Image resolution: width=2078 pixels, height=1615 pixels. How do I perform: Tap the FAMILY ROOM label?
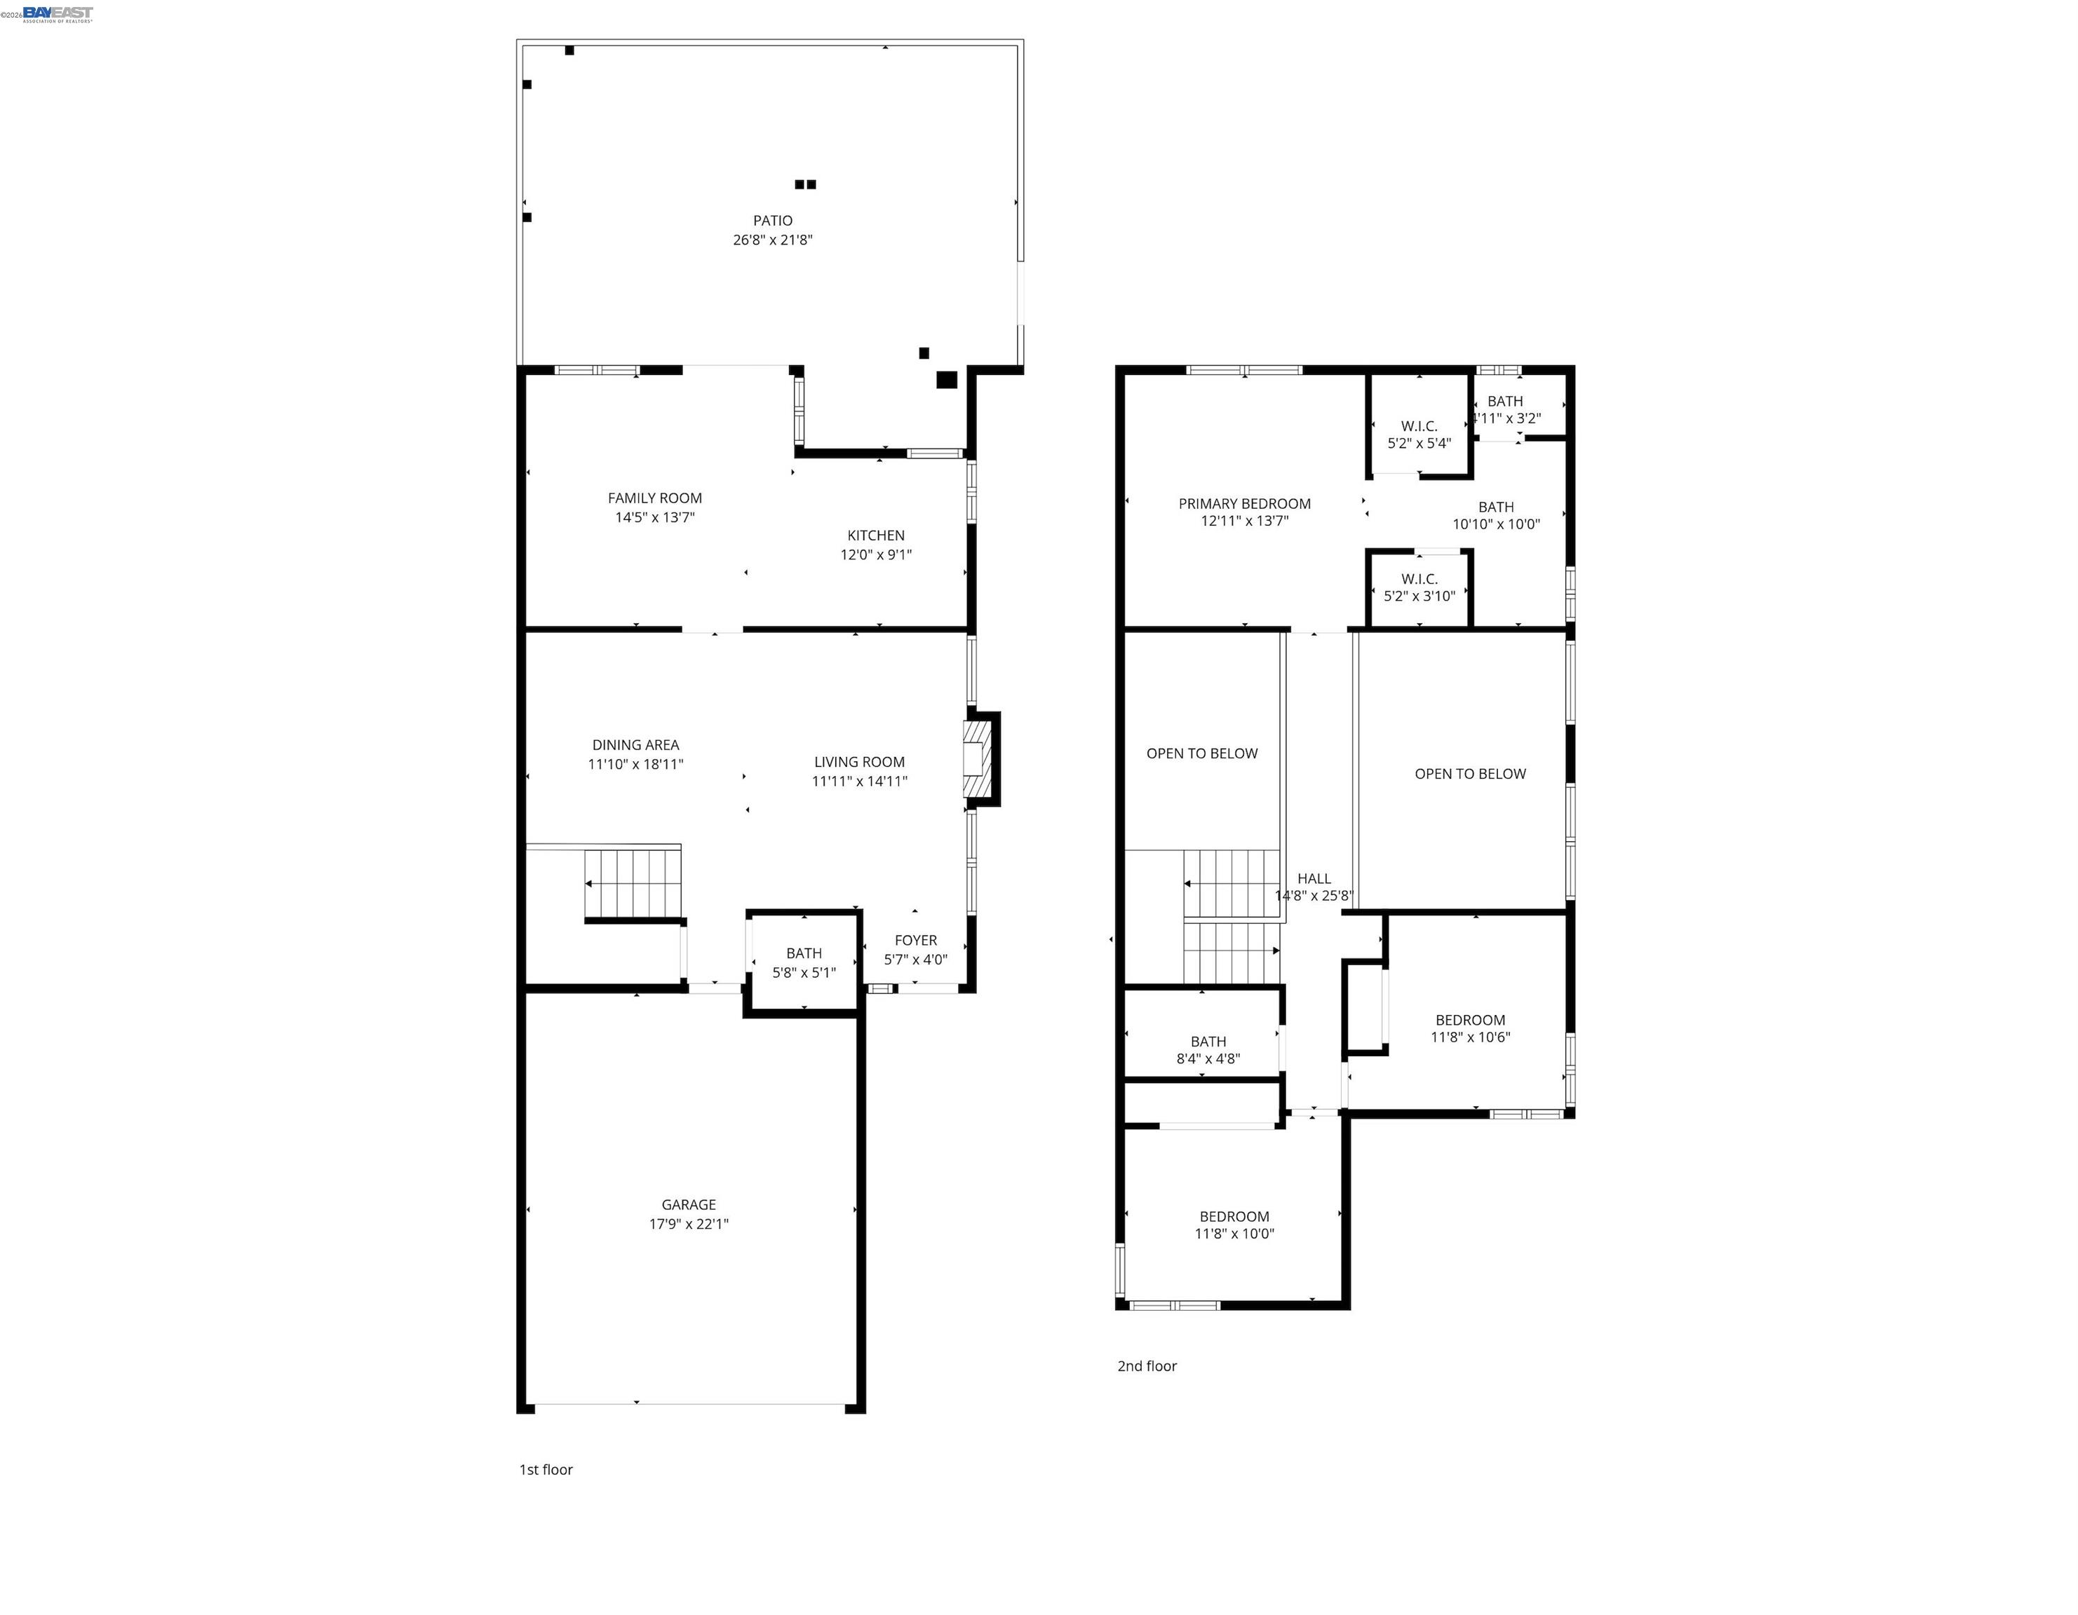654,498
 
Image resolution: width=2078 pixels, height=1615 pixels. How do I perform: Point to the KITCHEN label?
875,536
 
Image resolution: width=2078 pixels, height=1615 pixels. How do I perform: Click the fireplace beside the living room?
978,759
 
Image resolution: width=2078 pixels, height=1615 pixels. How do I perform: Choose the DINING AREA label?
635,744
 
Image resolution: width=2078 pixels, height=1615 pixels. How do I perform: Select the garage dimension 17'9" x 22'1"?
688,1224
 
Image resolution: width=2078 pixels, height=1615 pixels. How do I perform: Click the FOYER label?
915,940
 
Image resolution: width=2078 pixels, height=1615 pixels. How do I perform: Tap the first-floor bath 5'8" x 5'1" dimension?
803,972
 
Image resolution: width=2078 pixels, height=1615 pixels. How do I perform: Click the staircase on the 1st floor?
633,884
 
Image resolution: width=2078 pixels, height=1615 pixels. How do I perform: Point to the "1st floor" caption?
545,1469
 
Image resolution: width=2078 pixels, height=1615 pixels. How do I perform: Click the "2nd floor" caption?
1147,1365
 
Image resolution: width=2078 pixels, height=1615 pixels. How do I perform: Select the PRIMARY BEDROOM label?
1243,504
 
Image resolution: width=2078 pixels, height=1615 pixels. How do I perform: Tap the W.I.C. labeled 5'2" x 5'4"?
1419,435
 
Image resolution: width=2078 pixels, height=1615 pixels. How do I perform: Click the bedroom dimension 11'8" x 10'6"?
1470,1037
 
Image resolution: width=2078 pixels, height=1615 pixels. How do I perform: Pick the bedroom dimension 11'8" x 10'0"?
1234,1234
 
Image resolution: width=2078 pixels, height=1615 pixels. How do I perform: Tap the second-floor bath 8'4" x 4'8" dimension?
1208,1058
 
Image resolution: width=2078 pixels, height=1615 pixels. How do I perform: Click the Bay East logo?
57,13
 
